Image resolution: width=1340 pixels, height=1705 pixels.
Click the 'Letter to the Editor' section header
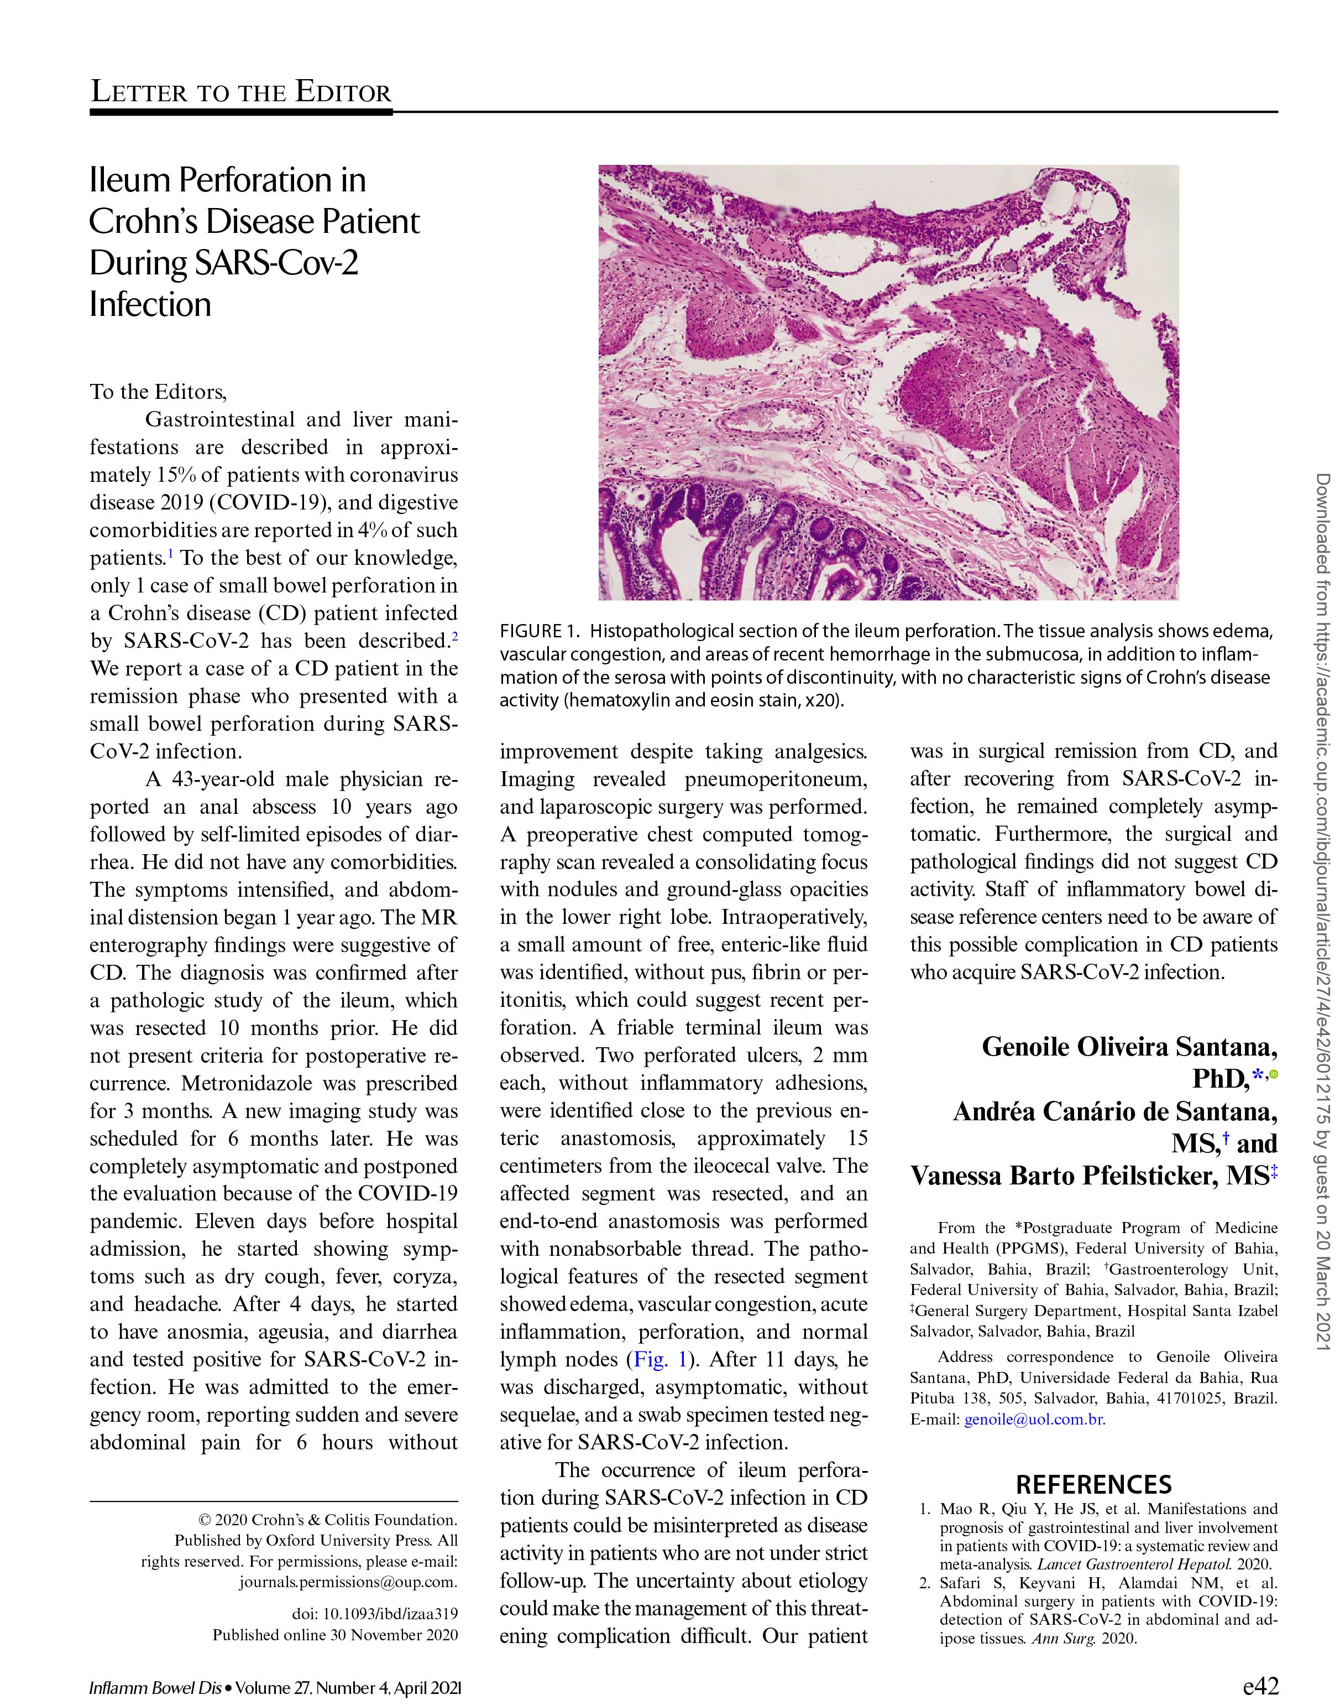(241, 92)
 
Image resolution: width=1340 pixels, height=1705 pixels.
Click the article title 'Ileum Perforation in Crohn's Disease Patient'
(254, 201)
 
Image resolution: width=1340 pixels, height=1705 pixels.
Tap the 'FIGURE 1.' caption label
(541, 631)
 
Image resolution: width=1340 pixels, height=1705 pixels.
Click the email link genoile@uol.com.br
(1034, 1418)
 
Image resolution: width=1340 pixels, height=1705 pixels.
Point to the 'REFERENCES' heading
(1093, 1484)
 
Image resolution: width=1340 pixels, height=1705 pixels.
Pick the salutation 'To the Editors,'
(158, 391)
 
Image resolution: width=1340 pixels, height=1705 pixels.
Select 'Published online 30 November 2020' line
(335, 1635)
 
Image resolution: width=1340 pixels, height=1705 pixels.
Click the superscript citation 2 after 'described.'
(454, 635)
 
